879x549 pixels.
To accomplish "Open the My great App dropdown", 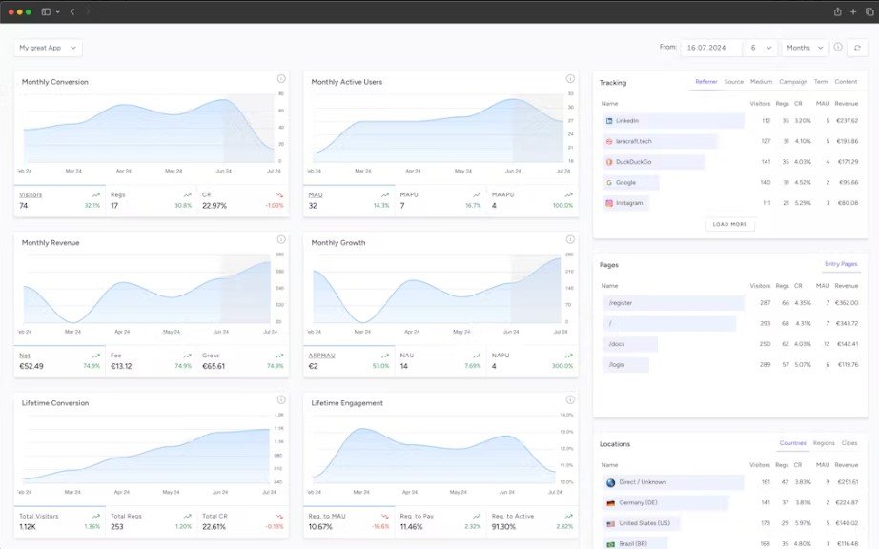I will point(48,48).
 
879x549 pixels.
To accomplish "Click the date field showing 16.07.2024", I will point(710,48).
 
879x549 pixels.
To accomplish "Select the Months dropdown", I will point(804,48).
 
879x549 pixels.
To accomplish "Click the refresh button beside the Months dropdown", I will point(857,48).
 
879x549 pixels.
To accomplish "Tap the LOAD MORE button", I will point(730,225).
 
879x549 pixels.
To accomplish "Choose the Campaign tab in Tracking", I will point(792,82).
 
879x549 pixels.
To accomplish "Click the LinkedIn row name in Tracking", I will point(627,121).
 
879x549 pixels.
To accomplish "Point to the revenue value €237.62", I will point(846,121).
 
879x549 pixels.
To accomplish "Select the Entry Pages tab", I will point(841,264).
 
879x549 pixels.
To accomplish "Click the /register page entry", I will point(620,303).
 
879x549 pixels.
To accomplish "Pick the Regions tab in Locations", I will point(824,443).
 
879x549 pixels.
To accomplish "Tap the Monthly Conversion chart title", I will point(55,82).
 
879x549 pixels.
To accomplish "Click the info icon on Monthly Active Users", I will point(570,79).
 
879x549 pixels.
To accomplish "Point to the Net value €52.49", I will point(31,366).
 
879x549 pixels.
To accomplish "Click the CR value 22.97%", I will point(215,206).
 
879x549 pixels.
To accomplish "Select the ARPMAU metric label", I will point(321,355).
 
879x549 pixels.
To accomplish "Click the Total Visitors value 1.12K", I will point(28,526).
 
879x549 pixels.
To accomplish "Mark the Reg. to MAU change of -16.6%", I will point(381,526).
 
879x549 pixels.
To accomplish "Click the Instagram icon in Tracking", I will point(609,203).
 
